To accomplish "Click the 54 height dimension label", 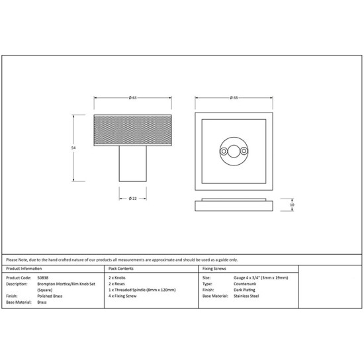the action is click(73, 148).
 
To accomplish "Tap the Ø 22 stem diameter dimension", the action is click(133, 199).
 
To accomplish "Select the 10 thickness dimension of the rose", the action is click(292, 205).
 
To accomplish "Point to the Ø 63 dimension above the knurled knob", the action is click(133, 98).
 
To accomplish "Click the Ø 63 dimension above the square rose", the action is click(234, 98).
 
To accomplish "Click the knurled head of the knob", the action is click(133, 130).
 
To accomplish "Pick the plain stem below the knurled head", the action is click(133, 163).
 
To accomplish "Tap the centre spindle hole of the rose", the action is click(234, 152).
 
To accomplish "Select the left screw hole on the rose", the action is click(224, 152).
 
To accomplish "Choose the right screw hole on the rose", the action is click(244, 152).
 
